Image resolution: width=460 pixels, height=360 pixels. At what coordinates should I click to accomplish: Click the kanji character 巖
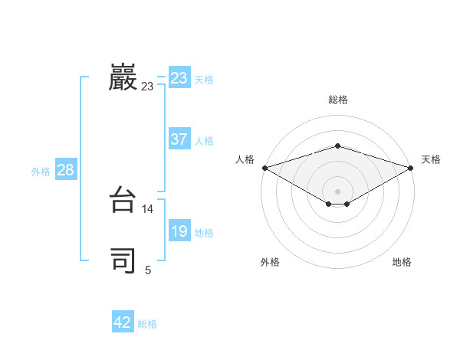tap(123, 78)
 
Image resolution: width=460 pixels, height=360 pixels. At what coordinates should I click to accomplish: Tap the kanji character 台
tap(123, 201)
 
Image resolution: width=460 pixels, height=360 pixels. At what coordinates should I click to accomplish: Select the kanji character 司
tap(123, 260)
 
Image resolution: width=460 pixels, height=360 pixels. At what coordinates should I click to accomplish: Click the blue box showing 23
tap(179, 78)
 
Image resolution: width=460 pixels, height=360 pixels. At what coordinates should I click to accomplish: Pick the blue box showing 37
tap(179, 139)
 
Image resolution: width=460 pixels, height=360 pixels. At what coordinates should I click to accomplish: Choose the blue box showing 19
tap(179, 231)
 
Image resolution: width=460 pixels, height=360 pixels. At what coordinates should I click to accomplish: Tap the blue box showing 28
tap(65, 170)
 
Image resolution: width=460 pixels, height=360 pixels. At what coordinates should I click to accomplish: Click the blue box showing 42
tap(123, 322)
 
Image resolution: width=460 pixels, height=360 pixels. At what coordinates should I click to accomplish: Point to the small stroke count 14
tap(148, 208)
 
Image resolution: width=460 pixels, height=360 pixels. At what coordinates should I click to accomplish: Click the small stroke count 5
tap(148, 270)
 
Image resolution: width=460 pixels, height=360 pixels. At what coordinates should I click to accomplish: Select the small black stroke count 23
tap(147, 87)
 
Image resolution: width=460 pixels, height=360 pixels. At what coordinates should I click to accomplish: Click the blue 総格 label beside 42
tap(147, 324)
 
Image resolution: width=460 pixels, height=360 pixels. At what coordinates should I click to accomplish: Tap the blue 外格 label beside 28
tap(41, 172)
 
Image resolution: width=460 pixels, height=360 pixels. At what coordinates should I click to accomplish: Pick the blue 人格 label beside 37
tap(204, 141)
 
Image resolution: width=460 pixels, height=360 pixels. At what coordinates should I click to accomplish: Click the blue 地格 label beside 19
tap(204, 233)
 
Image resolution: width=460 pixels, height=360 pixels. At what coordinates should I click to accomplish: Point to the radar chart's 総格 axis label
tap(337, 100)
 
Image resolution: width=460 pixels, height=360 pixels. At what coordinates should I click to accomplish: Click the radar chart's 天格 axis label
tap(431, 159)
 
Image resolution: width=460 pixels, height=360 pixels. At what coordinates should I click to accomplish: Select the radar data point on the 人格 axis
tap(264, 167)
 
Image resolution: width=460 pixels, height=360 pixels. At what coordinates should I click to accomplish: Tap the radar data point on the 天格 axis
tap(411, 167)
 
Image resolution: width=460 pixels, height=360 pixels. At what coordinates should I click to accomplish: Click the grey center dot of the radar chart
tap(337, 191)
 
